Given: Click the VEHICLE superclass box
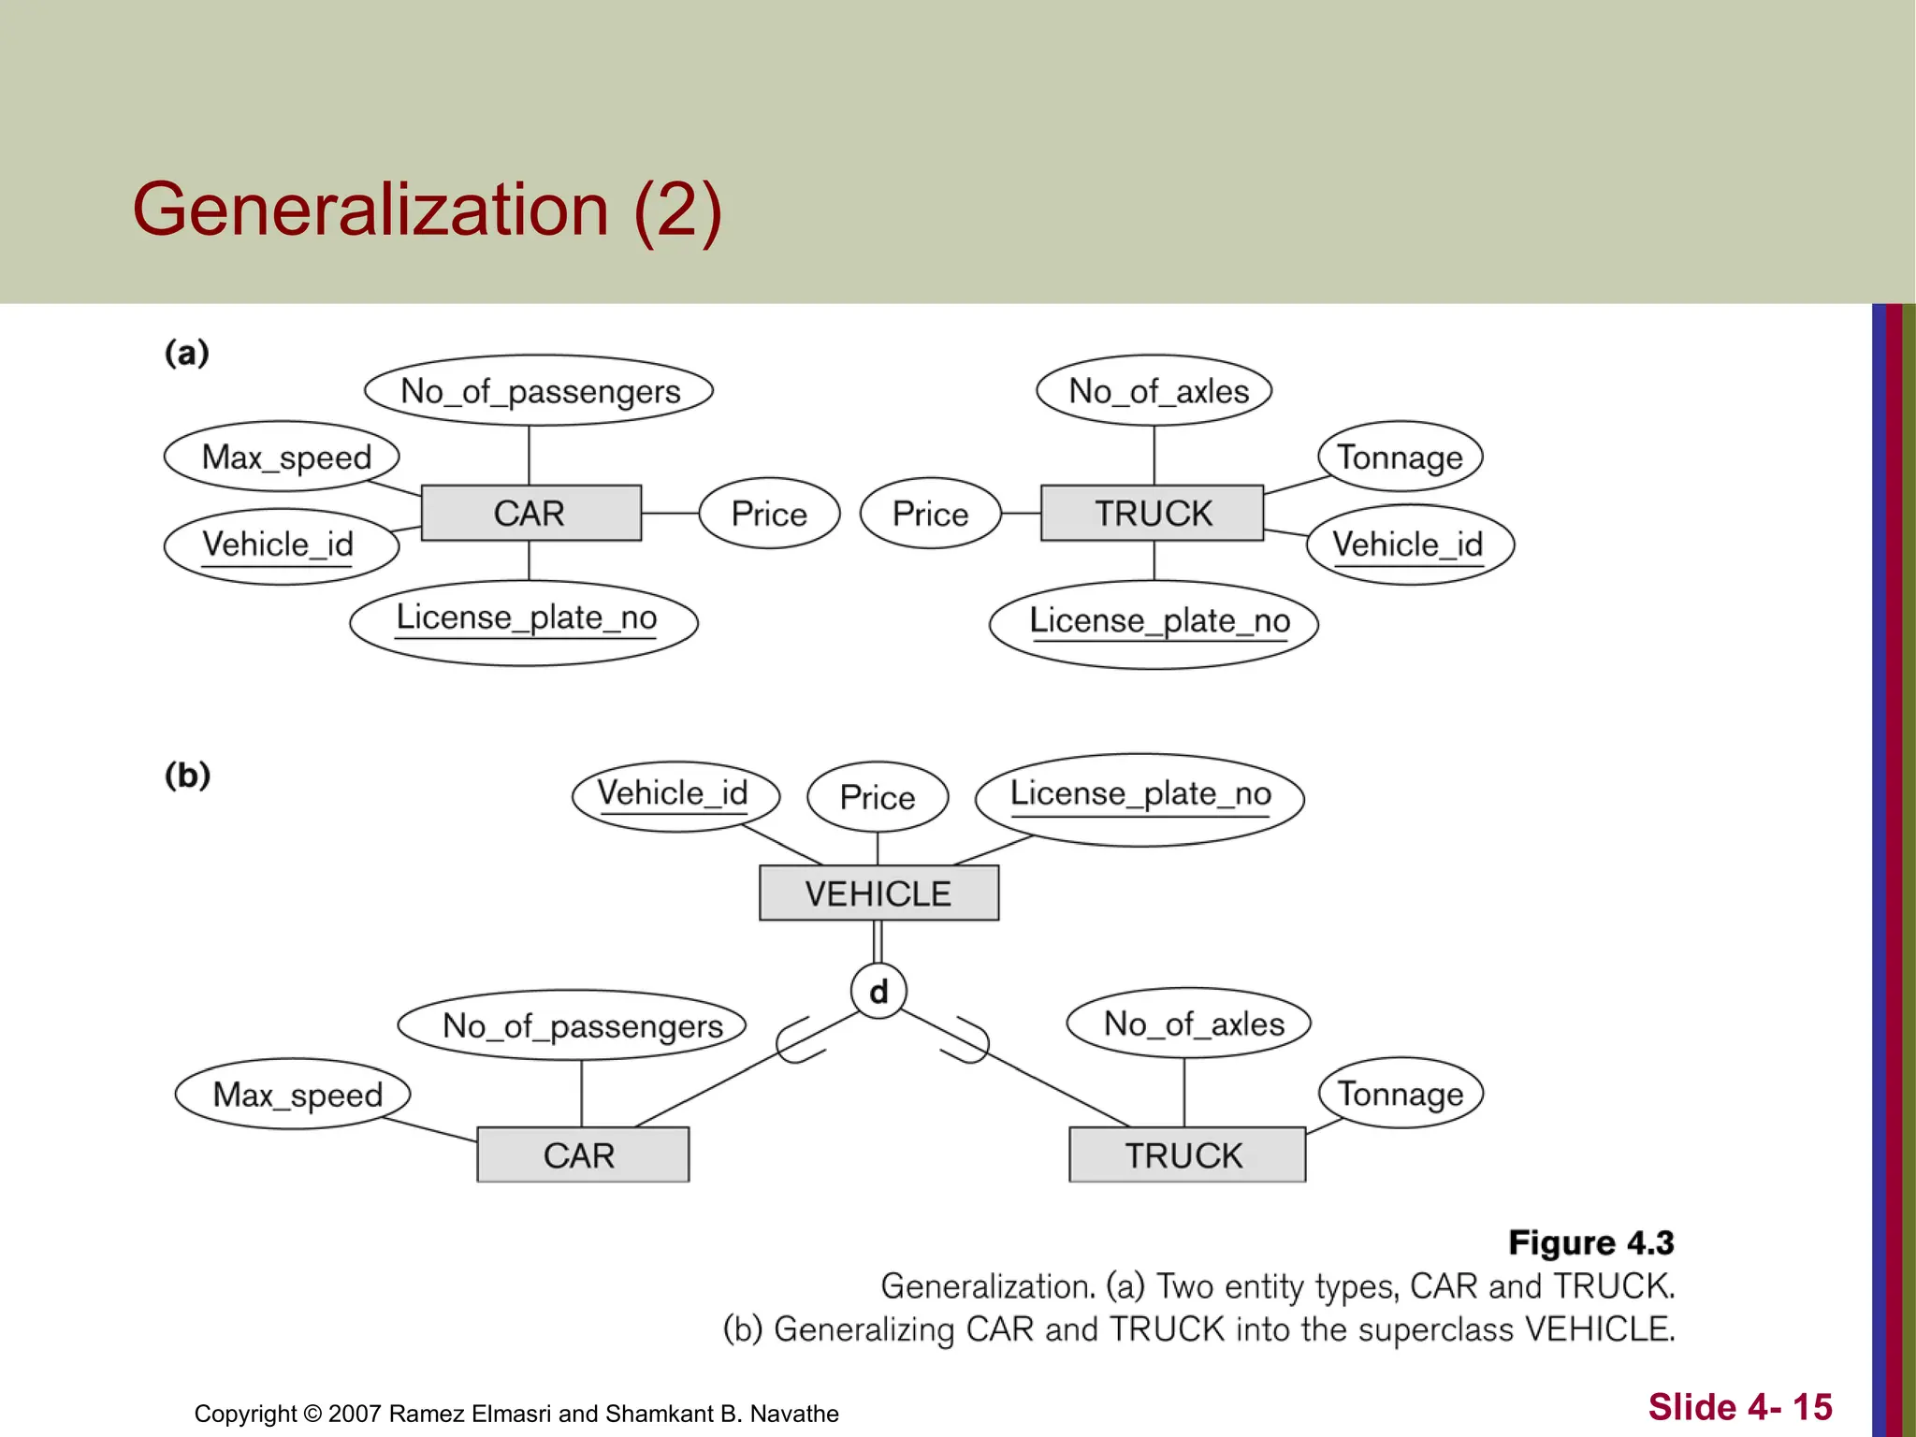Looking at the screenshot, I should click(x=878, y=893).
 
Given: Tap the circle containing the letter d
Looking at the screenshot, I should click(x=878, y=991).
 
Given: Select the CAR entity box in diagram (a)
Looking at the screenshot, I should click(x=530, y=513).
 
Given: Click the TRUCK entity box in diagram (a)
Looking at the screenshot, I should click(x=1153, y=513).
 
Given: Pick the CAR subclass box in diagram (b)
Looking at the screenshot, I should click(x=582, y=1154).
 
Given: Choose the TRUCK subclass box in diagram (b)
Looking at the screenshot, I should click(x=1186, y=1154).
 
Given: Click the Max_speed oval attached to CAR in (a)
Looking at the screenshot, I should click(x=282, y=457).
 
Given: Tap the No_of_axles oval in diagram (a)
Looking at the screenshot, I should click(x=1154, y=390).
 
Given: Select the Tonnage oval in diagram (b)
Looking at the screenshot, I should click(x=1401, y=1093).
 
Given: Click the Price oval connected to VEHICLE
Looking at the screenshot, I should click(x=878, y=797).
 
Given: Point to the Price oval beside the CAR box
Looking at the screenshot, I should click(x=769, y=514).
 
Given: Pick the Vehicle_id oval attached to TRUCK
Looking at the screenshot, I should click(x=1409, y=544).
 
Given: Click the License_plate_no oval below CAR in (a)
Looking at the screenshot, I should click(x=524, y=621).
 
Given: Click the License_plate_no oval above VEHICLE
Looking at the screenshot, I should click(x=1139, y=798).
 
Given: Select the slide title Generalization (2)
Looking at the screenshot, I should click(x=427, y=210).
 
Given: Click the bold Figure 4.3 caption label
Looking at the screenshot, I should click(x=1590, y=1242).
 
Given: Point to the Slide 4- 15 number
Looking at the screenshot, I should click(x=1739, y=1406).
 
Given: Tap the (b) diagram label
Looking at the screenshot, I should click(x=187, y=776).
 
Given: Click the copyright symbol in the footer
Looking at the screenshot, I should click(x=312, y=1414).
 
